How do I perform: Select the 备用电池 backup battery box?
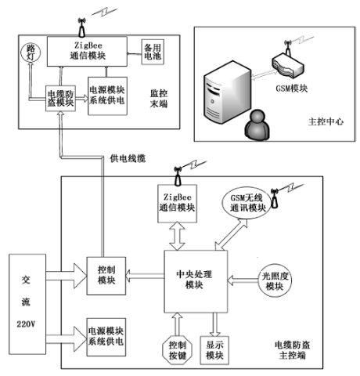(x=153, y=52)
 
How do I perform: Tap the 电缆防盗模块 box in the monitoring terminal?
(x=60, y=98)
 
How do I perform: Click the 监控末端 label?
(x=159, y=99)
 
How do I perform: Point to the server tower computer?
(x=228, y=92)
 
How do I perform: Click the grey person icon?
(x=257, y=125)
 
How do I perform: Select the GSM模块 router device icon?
(x=288, y=65)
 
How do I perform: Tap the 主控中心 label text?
(x=326, y=121)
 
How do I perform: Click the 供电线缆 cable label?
(x=128, y=158)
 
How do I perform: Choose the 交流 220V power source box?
(x=27, y=304)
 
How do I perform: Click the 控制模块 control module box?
(x=106, y=276)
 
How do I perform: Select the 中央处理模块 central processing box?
(x=196, y=281)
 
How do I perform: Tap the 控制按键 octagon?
(x=178, y=350)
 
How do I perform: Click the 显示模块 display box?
(x=214, y=350)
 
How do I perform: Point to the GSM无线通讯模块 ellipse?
(x=247, y=203)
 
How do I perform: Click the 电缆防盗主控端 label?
(x=292, y=350)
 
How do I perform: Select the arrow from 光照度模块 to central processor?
(x=243, y=280)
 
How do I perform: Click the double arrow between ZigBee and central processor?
(x=177, y=237)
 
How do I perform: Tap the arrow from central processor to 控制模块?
(x=145, y=277)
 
